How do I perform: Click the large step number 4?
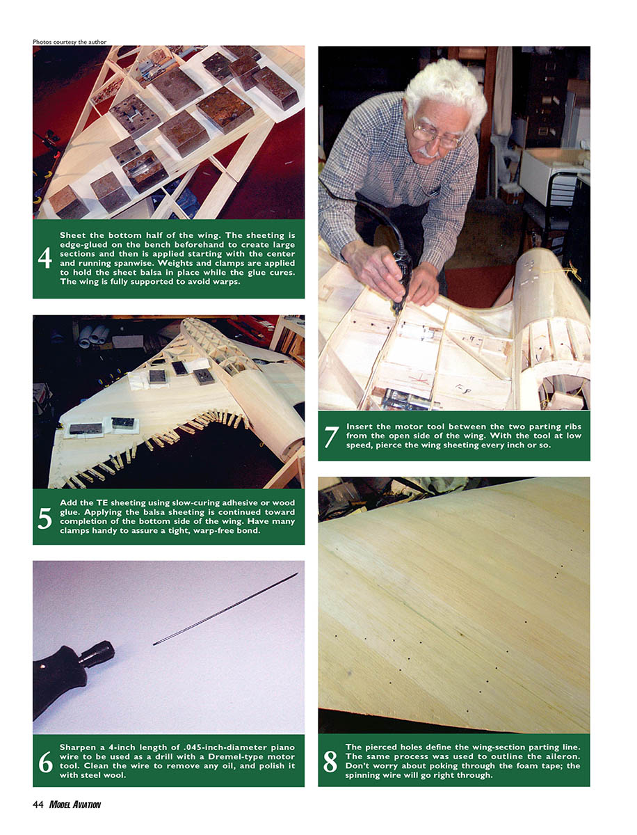[x=45, y=258]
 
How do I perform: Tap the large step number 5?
[x=45, y=518]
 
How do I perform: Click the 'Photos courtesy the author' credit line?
[x=70, y=42]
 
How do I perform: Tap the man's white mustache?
[x=428, y=153]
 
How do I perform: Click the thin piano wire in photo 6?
[x=225, y=609]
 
